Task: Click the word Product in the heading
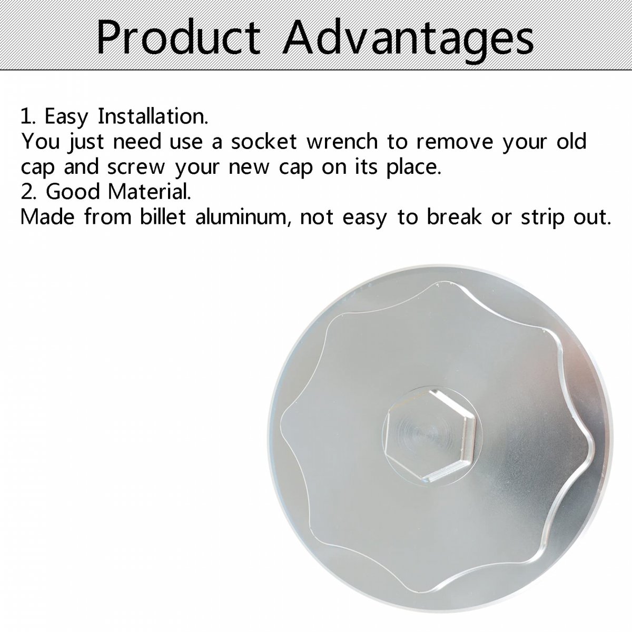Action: pos(179,37)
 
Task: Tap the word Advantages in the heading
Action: pos(409,40)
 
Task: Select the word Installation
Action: pos(153,116)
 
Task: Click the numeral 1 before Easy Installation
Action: pos(27,117)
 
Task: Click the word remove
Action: pos(455,142)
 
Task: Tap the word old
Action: pos(571,141)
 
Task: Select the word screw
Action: pos(136,167)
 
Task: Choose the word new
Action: pos(249,167)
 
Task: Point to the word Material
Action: pos(149,192)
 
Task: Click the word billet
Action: pos(163,216)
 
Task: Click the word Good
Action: pos(73,192)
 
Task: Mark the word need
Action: pos(137,141)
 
